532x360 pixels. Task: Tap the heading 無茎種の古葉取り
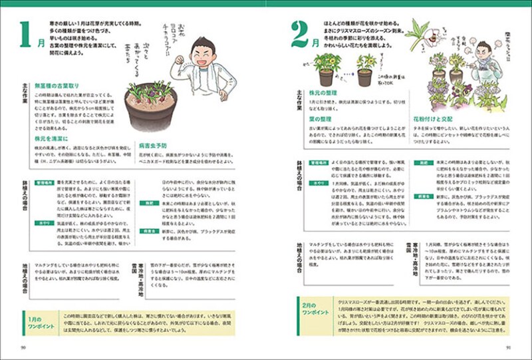[57, 86]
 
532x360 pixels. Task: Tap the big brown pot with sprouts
[150, 107]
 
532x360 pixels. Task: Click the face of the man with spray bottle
[483, 52]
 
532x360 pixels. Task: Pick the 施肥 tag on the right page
[424, 162]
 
